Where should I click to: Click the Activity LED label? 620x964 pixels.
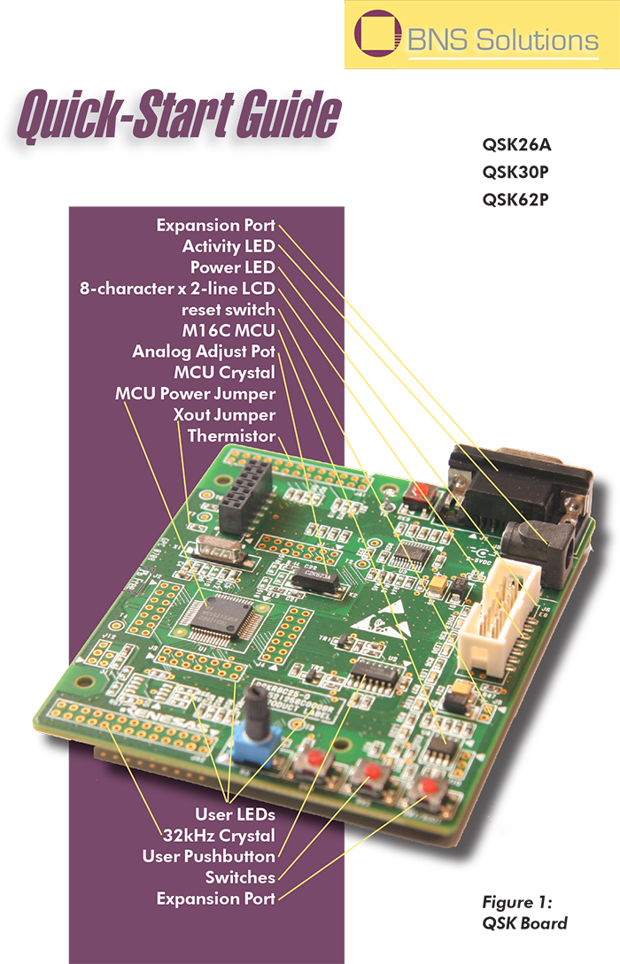(229, 246)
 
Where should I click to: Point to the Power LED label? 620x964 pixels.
(233, 267)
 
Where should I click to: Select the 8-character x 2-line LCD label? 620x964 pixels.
(176, 289)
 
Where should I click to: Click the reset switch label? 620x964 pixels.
(229, 310)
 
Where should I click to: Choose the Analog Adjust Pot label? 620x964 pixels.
(204, 351)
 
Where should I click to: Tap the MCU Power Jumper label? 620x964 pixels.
(195, 393)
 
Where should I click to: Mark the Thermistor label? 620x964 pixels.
(231, 436)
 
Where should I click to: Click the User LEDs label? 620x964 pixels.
(235, 814)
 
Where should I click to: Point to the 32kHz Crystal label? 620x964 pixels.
(219, 835)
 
